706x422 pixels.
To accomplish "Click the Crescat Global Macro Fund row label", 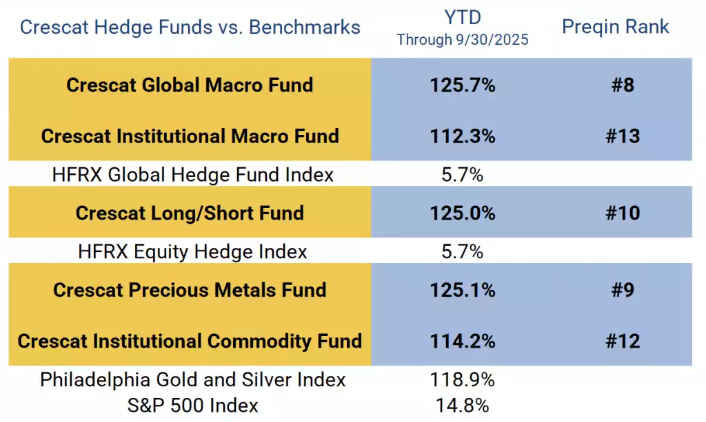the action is pyautogui.click(x=190, y=85).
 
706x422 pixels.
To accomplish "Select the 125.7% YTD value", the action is pyautogui.click(x=463, y=85).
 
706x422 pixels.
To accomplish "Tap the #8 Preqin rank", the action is pyautogui.click(x=623, y=85).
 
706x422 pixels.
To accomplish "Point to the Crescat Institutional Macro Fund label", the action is pyautogui.click(x=190, y=136).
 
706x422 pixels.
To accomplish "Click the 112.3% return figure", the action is pyautogui.click(x=463, y=136).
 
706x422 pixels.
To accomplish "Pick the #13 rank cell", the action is pyautogui.click(x=623, y=136).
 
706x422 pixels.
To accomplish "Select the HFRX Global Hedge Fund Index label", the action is pyautogui.click(x=193, y=175).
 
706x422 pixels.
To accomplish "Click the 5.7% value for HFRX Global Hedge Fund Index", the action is pyautogui.click(x=463, y=175).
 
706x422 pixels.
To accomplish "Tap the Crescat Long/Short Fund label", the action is pyautogui.click(x=190, y=213).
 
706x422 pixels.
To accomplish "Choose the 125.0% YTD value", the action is pyautogui.click(x=463, y=213).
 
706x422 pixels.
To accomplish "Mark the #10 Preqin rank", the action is pyautogui.click(x=623, y=213).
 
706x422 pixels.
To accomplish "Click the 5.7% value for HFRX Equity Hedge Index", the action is pyautogui.click(x=463, y=252).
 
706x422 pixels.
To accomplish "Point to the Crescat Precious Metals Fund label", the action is pyautogui.click(x=190, y=290).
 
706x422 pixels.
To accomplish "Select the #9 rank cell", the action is pyautogui.click(x=623, y=290).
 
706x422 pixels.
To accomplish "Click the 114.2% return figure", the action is pyautogui.click(x=463, y=341).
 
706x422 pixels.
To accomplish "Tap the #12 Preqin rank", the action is pyautogui.click(x=623, y=341).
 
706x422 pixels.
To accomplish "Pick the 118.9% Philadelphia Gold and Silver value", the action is pyautogui.click(x=463, y=380).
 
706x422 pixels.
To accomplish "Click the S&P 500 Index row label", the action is pyautogui.click(x=193, y=405).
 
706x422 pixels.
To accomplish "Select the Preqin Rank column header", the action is pyautogui.click(x=616, y=27).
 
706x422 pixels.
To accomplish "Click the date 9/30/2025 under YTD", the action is pyautogui.click(x=492, y=39).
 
